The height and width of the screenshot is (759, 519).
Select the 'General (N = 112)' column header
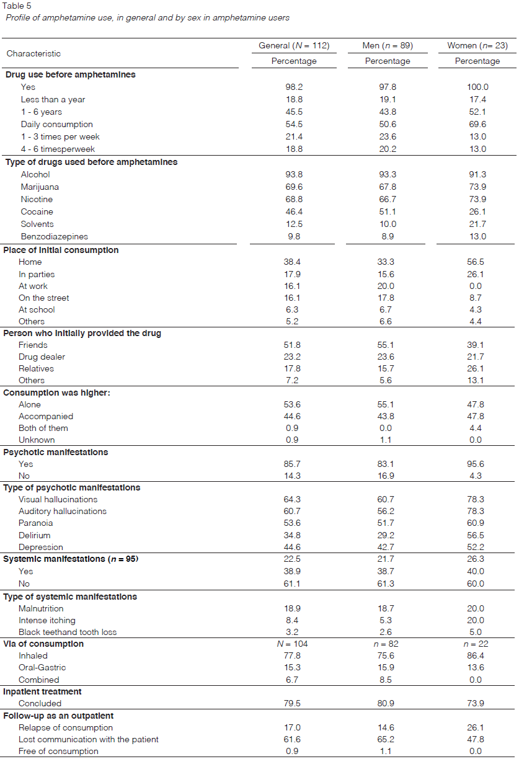click(x=294, y=46)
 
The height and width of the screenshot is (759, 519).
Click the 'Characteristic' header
click(x=33, y=54)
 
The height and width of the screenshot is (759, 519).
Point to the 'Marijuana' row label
click(x=40, y=187)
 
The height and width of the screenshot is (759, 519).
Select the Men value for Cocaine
click(x=388, y=212)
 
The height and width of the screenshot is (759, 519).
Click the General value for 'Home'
click(x=294, y=262)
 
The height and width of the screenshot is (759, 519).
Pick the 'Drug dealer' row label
click(x=42, y=357)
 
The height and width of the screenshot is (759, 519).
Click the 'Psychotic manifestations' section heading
click(x=56, y=453)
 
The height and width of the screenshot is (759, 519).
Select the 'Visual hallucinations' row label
click(x=58, y=500)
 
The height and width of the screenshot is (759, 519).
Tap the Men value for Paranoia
click(x=388, y=523)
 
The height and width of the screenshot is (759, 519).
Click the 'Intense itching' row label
click(x=47, y=621)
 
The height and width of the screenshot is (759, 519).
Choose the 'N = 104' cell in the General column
click(x=294, y=644)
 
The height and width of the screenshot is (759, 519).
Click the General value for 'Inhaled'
click(x=294, y=656)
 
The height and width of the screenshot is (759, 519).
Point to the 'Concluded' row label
click(x=40, y=704)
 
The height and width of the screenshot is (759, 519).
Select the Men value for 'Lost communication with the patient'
click(x=388, y=740)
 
